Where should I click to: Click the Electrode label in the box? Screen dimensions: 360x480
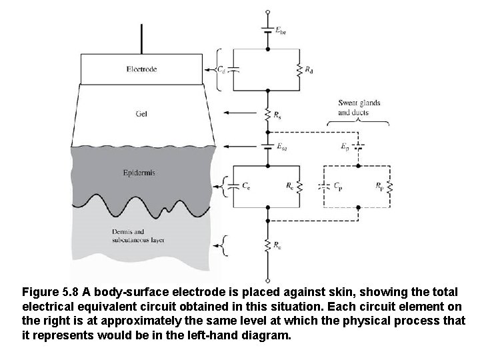coord(141,69)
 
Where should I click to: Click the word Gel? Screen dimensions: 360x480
coord(141,113)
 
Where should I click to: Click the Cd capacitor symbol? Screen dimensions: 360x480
coord(233,69)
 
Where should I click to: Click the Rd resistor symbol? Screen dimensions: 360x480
coord(299,70)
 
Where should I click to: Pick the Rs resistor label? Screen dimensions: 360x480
coord(278,115)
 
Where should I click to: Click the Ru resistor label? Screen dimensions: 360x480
coord(278,245)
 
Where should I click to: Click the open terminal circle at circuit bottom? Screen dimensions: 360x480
coord(267,279)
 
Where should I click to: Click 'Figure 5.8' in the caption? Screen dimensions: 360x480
coord(51,292)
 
